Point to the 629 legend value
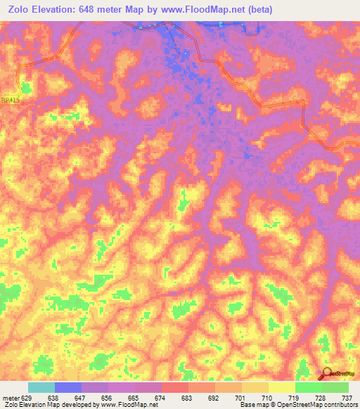coord(27,398)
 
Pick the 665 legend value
coord(135,398)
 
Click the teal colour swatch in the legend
coord(41,387)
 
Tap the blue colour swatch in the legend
coord(67,387)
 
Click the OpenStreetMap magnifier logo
coord(326,373)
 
